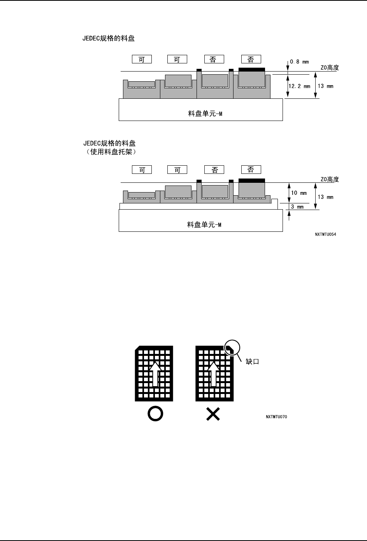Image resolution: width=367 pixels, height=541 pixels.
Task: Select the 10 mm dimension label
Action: coord(299,193)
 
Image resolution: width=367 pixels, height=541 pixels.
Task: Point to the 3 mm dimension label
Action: coord(297,207)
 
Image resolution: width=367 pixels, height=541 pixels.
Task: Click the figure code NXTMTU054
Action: coord(325,235)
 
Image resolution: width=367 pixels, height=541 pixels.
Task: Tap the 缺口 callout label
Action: coord(252,361)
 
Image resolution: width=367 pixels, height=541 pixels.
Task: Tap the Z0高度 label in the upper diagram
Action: coord(329,68)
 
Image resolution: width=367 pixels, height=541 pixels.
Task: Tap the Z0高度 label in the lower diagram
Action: coord(329,179)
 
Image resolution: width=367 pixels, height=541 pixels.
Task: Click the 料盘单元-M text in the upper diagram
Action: coord(204,114)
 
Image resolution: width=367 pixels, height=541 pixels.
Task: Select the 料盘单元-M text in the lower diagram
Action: coord(204,225)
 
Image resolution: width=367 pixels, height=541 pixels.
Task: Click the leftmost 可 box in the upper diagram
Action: coord(142,59)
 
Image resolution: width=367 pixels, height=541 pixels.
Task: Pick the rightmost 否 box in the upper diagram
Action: coord(251,59)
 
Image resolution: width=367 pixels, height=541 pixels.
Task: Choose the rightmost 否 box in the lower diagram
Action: coord(251,170)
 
